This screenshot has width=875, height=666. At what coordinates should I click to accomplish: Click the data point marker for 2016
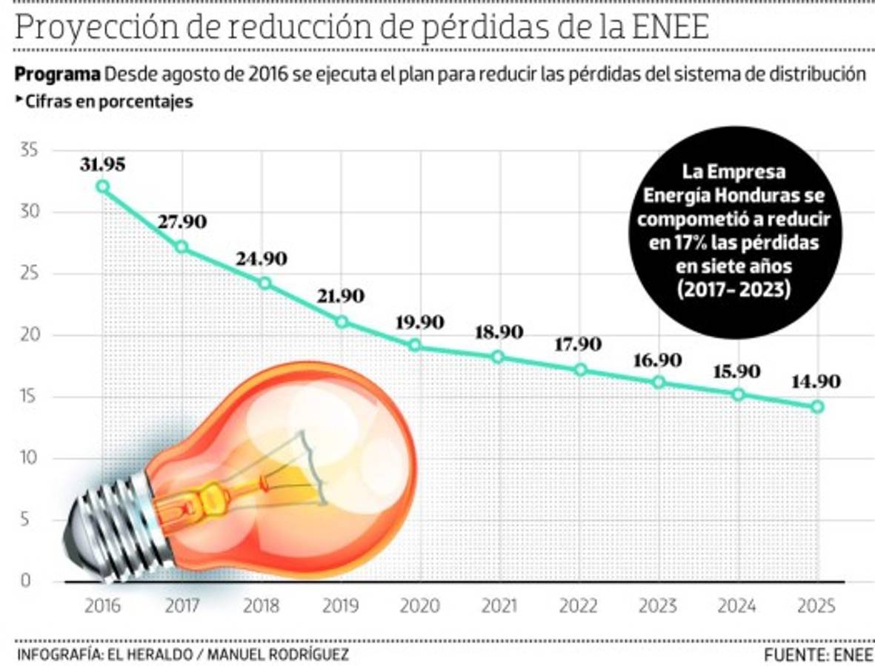[x=103, y=186]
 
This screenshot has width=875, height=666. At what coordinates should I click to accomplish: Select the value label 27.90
[x=182, y=222]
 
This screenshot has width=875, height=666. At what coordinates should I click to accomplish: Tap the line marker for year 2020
[x=415, y=346]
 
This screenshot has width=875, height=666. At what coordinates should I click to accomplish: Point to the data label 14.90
[x=815, y=382]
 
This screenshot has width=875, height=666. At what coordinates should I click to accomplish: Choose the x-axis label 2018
[x=262, y=606]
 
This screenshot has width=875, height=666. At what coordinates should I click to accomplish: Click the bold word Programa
[x=57, y=75]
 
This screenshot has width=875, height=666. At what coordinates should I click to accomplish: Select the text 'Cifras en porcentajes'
[x=109, y=102]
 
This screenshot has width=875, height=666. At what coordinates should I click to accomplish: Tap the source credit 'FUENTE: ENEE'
[x=819, y=654]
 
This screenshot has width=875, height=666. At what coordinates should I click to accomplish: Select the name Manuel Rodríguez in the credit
[x=277, y=654]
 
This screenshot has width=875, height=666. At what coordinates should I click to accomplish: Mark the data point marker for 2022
[x=581, y=370]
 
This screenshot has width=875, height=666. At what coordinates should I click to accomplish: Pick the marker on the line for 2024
[x=738, y=394]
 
